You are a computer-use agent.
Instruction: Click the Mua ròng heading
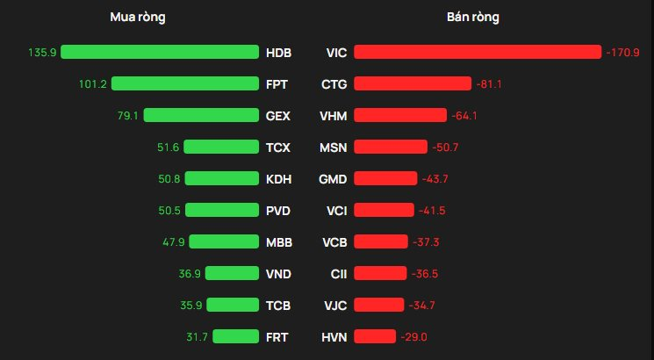(x=138, y=18)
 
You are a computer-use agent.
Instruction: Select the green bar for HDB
(x=160, y=53)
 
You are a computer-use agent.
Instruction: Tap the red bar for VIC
(x=478, y=53)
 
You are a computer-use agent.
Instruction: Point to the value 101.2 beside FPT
(x=92, y=84)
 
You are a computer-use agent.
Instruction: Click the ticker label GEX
(x=277, y=116)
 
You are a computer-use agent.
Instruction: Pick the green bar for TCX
(x=221, y=148)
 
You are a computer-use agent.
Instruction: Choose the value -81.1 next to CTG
(x=489, y=84)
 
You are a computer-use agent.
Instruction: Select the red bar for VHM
(x=400, y=116)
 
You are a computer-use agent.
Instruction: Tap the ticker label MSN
(x=334, y=148)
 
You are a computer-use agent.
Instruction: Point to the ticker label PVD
(x=278, y=211)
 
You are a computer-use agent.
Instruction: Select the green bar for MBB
(x=224, y=242)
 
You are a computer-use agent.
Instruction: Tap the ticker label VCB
(x=334, y=242)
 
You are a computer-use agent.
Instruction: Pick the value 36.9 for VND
(x=190, y=274)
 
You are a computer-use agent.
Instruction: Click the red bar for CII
(x=380, y=274)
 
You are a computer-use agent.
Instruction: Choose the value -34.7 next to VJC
(x=422, y=306)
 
